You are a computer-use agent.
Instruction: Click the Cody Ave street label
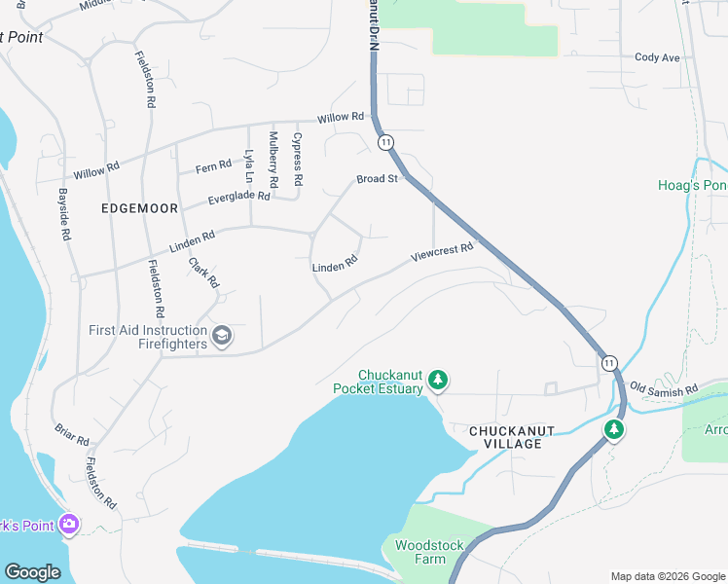[x=657, y=57]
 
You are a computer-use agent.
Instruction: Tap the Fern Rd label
[x=213, y=166]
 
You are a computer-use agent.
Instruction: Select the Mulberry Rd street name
[x=274, y=160]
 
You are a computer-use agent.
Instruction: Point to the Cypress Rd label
[x=298, y=160]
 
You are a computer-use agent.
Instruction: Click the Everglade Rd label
[x=238, y=198]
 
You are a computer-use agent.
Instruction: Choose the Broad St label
[x=378, y=179]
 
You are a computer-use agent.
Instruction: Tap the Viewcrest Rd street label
[x=442, y=252]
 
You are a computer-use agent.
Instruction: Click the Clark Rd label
[x=204, y=273]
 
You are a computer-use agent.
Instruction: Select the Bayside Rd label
[x=64, y=214]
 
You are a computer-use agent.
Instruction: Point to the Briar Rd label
[x=72, y=433]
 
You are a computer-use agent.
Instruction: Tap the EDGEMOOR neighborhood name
[x=134, y=208]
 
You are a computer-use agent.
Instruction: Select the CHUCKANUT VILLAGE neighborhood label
[x=505, y=436]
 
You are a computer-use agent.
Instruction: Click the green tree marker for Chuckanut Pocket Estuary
[x=438, y=381]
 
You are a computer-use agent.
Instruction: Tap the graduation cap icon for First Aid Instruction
[x=222, y=337]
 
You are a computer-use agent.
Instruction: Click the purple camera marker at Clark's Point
[x=68, y=525]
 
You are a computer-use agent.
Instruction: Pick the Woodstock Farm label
[x=420, y=552]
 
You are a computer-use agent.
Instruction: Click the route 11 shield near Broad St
[x=386, y=142]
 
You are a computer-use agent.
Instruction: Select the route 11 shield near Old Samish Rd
[x=608, y=362]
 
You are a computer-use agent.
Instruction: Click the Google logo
[x=32, y=572]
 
